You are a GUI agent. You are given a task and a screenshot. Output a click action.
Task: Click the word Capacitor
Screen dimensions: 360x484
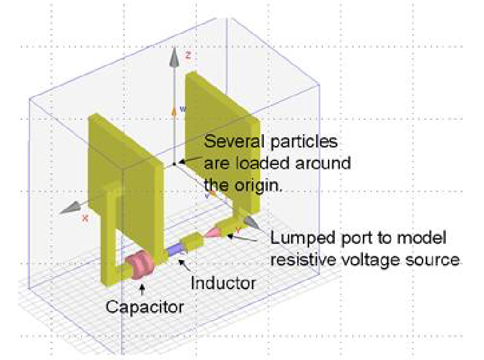144,307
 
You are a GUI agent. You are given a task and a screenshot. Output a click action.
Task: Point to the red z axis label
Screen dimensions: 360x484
187,55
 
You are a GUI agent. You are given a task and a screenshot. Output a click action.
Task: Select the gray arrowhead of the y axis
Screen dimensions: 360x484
249,223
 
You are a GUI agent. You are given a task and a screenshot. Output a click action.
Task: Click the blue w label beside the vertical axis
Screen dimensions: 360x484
182,109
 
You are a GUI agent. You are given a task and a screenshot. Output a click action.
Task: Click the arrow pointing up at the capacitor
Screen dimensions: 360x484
144,290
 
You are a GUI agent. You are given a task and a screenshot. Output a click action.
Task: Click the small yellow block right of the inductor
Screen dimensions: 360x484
196,241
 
